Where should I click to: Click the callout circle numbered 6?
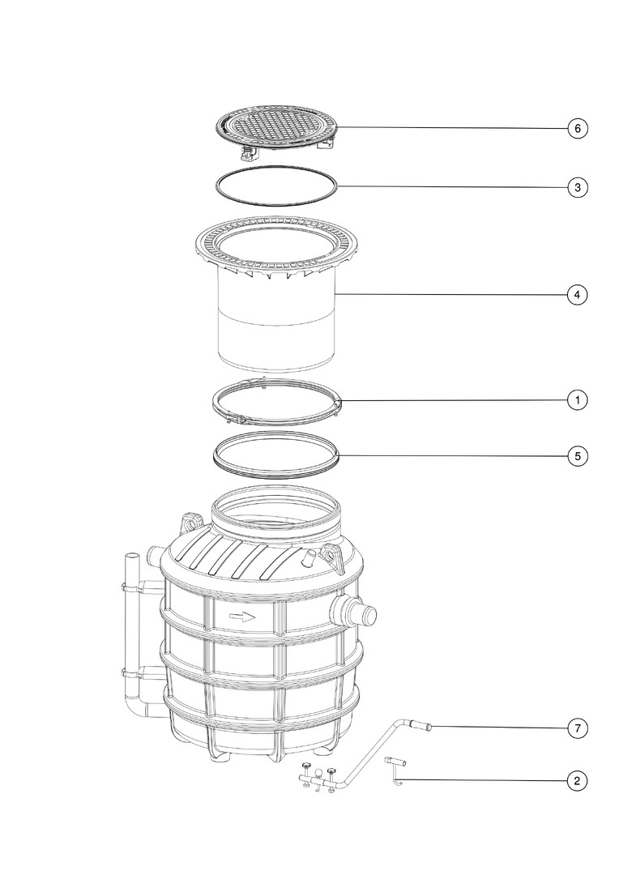tap(578, 128)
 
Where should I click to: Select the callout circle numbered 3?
tap(578, 187)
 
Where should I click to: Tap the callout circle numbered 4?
tap(578, 294)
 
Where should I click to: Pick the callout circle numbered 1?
tap(578, 399)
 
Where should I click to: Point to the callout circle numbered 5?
tap(578, 456)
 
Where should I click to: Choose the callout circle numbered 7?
tap(578, 728)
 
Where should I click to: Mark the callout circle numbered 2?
tap(578, 780)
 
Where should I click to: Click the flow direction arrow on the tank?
tap(241, 617)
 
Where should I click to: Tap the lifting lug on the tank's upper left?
tap(190, 524)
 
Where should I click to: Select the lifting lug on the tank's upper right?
tap(334, 555)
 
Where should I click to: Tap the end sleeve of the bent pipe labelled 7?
tap(421, 726)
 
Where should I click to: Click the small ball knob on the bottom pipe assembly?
tap(318, 773)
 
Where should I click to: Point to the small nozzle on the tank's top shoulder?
tap(309, 557)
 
